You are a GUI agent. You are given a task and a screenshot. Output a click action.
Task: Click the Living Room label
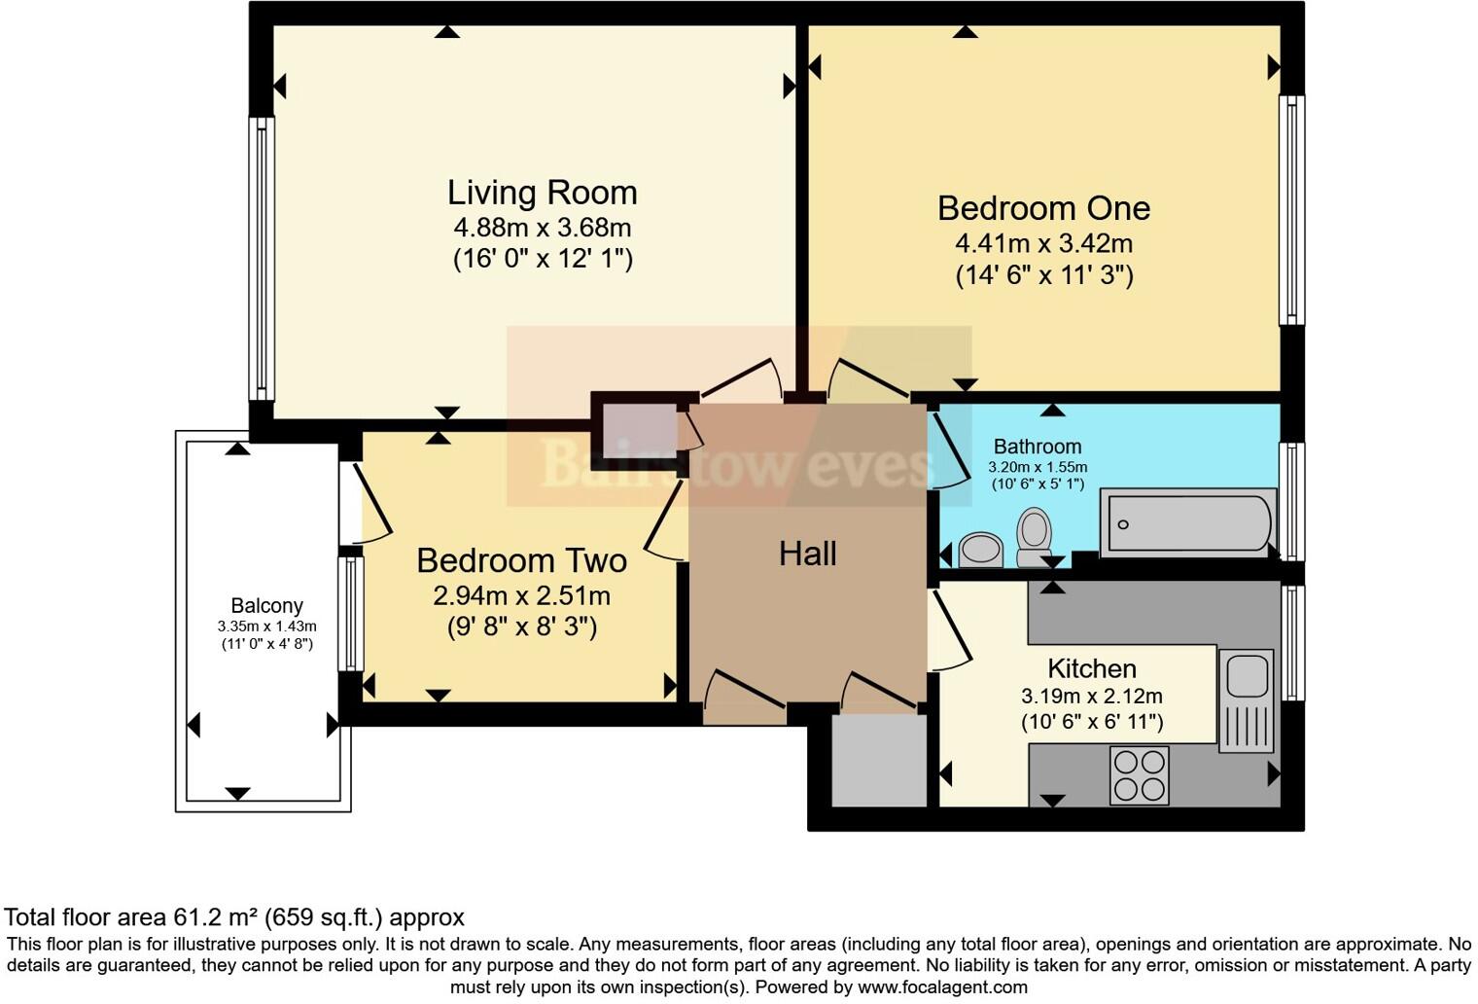pos(542,193)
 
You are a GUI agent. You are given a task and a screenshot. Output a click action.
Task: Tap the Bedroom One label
pos(1043,208)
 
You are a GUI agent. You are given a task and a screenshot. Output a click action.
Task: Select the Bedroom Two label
pos(521,560)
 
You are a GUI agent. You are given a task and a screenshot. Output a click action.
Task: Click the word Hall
pos(807,554)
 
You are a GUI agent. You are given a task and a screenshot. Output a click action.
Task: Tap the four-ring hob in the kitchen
pos(1140,774)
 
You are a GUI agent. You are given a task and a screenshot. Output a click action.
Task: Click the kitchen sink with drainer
pos(1246,700)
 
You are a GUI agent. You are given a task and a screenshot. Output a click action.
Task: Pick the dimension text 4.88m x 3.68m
pos(542,228)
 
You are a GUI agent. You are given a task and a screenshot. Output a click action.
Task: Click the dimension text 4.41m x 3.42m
pos(1043,243)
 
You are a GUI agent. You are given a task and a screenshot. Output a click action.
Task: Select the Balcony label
pos(266,605)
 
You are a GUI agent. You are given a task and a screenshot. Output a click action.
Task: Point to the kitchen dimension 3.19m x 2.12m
pos(1091,697)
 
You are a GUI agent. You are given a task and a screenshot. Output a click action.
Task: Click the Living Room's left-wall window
pos(262,258)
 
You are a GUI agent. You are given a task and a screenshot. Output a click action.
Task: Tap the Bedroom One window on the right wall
pos(1290,209)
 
